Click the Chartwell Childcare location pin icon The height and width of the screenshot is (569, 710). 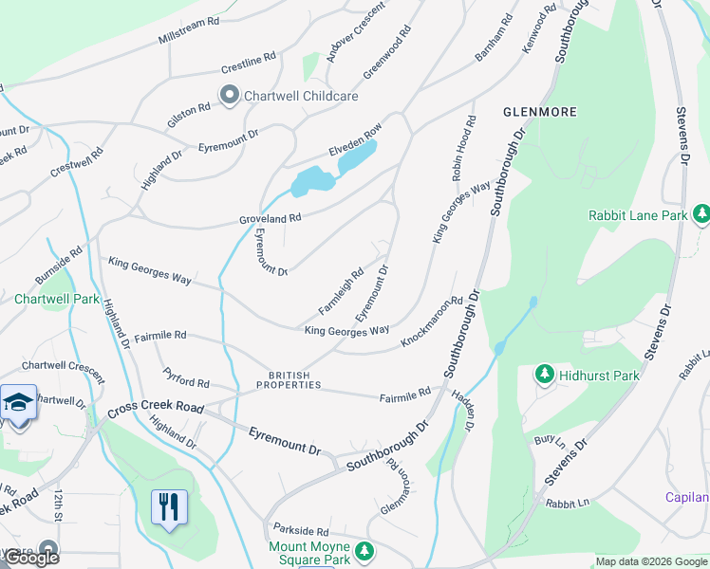229,95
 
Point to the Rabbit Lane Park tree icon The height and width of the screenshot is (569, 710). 701,215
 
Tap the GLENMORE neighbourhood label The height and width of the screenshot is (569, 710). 539,112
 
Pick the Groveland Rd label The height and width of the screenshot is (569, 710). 270,218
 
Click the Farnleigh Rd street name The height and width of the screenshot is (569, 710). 341,292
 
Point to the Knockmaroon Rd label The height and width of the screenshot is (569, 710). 431,321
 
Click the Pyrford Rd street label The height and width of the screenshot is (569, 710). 186,377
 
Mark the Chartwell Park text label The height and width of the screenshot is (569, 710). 57,299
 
